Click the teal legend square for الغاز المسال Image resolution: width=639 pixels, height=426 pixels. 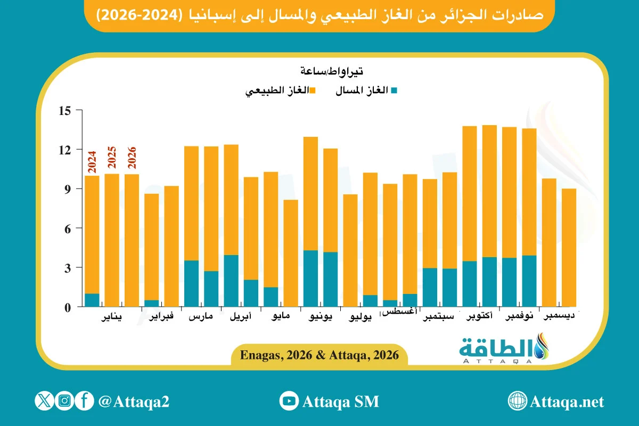(394, 91)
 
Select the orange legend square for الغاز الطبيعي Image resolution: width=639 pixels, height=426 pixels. (313, 91)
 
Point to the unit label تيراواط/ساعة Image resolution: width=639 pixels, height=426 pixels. (331, 70)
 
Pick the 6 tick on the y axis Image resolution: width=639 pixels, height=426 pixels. (67, 228)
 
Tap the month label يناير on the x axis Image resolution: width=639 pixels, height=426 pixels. (111, 318)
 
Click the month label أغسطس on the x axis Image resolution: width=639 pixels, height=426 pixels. (400, 312)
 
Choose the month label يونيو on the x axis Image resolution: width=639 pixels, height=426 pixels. (321, 318)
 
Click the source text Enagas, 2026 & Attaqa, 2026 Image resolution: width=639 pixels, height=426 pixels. (319, 355)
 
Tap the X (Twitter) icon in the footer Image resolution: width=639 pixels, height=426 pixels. (44, 401)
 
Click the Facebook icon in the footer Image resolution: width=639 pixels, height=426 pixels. (84, 401)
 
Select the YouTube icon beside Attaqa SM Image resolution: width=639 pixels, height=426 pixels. (289, 401)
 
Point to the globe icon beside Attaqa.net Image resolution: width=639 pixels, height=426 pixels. (518, 401)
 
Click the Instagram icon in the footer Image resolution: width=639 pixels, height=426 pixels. (64, 401)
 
